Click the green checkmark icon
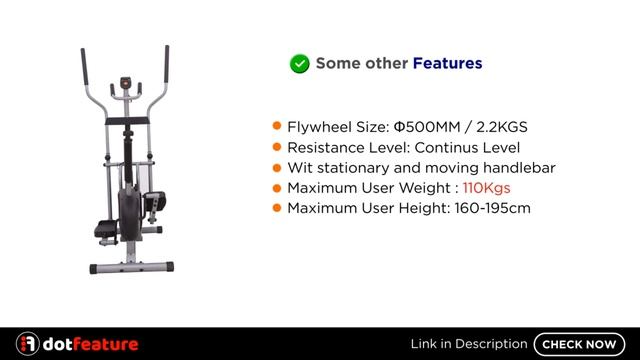point(299,63)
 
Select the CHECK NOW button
point(579,344)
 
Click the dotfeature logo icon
point(28,344)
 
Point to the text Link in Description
point(468,344)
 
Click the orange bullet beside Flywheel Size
point(277,128)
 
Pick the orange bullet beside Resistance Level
point(277,148)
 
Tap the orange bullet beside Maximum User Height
point(277,208)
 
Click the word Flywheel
point(319,128)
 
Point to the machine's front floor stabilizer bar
point(128,268)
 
